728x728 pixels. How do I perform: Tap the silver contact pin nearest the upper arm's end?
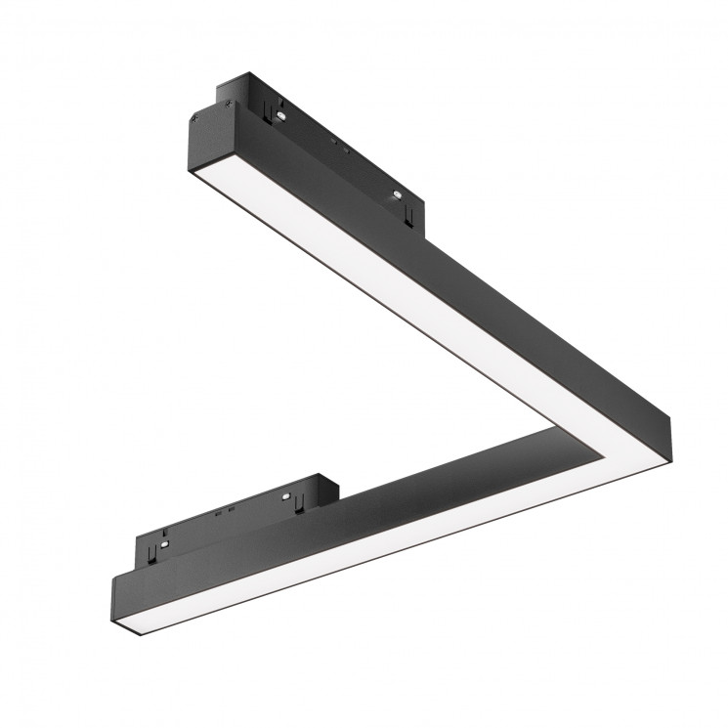pyautogui.click(x=279, y=115)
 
